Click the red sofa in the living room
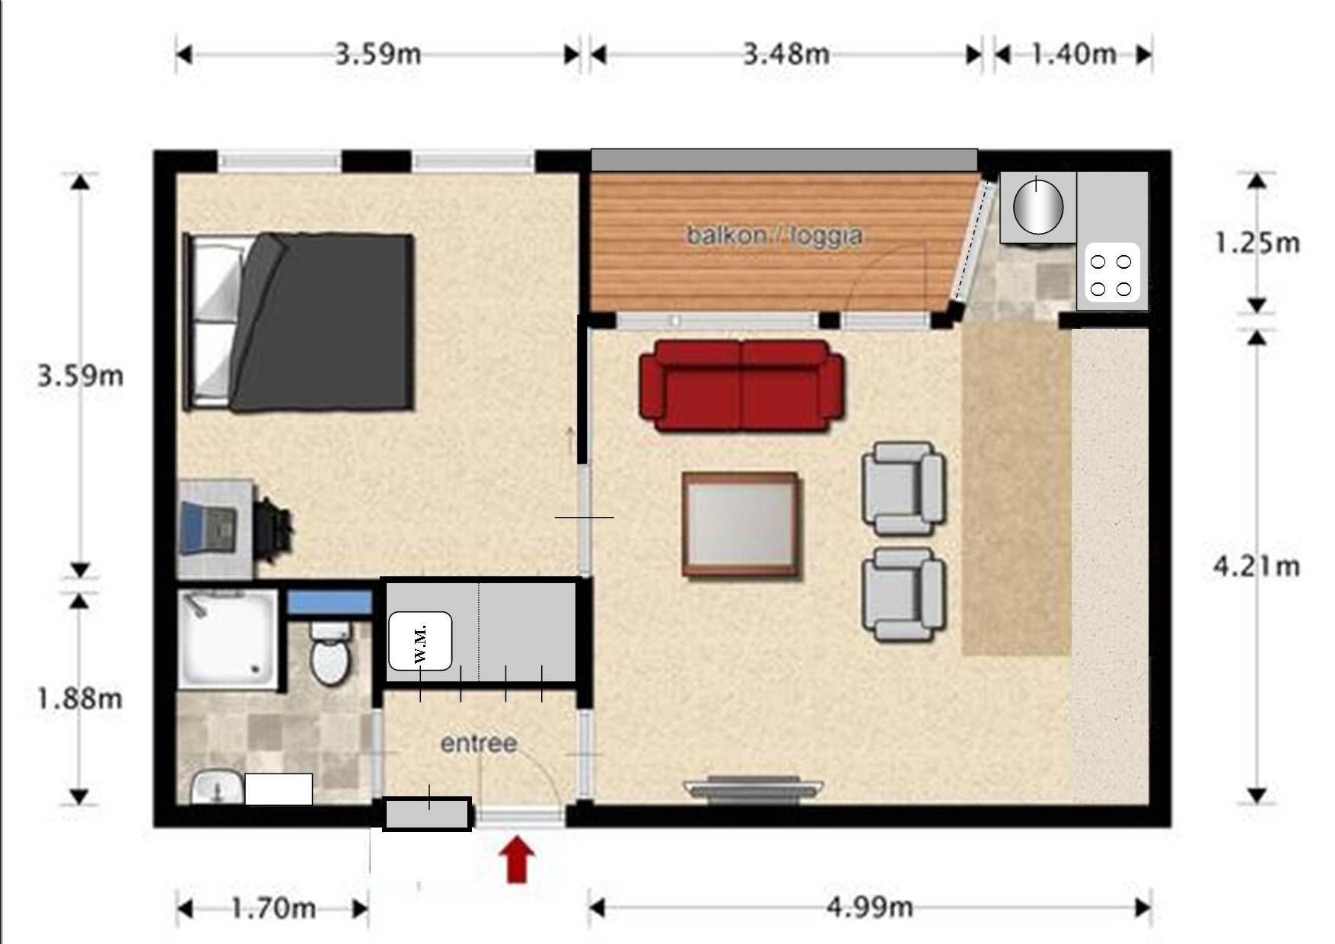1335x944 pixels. tap(741, 385)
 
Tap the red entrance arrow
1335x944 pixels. tap(516, 859)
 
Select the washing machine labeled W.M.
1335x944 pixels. tap(420, 640)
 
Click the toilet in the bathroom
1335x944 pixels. tap(330, 654)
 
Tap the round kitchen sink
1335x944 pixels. tap(1037, 205)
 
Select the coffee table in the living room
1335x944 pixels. tap(741, 524)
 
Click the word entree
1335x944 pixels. tap(479, 743)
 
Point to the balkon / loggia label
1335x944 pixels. tap(775, 235)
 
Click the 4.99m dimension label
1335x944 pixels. tap(869, 907)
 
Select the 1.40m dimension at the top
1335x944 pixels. tap(1074, 54)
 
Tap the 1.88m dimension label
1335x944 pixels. tap(80, 698)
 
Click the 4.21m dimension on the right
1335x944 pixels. tap(1257, 566)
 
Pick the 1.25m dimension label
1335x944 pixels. tap(1257, 243)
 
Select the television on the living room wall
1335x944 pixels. tap(753, 789)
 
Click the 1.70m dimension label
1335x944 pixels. tap(273, 907)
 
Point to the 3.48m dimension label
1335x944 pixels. tap(786, 54)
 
